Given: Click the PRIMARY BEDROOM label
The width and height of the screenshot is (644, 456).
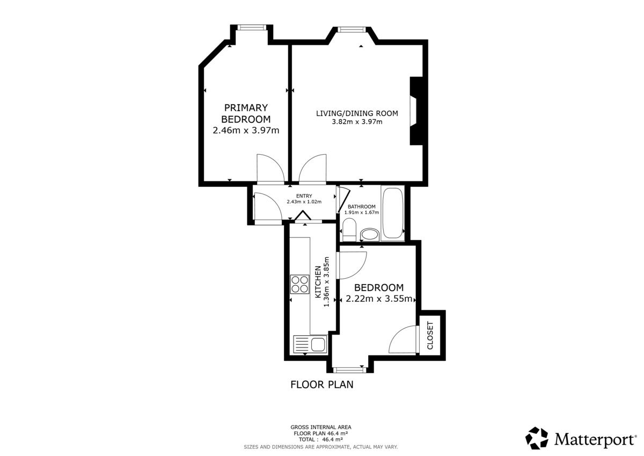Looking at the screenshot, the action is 246,113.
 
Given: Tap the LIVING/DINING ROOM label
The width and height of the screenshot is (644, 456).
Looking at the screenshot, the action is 357,113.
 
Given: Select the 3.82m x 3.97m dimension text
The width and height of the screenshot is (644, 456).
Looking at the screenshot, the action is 357,122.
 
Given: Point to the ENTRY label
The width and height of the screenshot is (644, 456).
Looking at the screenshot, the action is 304,196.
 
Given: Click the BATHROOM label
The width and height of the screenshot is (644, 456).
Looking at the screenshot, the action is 361,207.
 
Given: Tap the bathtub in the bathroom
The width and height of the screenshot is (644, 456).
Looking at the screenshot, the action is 392,213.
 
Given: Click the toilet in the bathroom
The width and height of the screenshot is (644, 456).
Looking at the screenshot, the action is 349,230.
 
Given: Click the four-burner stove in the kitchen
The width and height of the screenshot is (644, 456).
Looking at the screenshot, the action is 299,284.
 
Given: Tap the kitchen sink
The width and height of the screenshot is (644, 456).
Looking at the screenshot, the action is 310,344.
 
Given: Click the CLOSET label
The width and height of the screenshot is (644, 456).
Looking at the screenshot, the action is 430,336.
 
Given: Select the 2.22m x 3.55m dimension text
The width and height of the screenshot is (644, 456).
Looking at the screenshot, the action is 379,299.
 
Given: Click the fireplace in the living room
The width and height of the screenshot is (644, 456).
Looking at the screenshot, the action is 416,111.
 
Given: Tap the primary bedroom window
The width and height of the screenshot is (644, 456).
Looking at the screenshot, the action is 252,27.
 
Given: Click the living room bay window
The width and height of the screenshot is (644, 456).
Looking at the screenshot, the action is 352,30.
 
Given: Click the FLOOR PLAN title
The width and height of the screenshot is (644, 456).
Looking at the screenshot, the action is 321,385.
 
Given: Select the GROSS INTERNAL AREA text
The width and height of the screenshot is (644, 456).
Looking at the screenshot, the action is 321,427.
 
